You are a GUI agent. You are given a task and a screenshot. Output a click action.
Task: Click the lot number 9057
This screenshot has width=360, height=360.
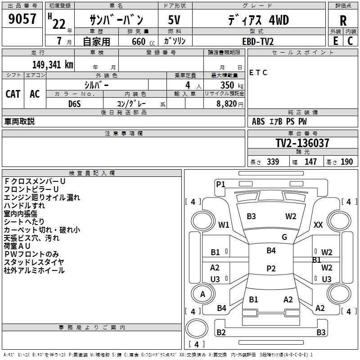coord(22,19)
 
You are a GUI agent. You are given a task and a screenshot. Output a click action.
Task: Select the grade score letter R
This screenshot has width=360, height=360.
coord(343,20)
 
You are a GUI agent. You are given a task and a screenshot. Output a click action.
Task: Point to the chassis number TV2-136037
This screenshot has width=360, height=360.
coord(302,144)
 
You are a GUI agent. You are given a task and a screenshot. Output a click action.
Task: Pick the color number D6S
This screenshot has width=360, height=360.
coord(75,103)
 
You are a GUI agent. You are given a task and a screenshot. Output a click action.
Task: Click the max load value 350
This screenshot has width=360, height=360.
coord(227,85)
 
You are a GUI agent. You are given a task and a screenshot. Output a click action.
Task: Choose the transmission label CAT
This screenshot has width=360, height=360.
coord(13,94)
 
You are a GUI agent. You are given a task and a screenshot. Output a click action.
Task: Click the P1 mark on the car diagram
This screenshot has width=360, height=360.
coord(220,184)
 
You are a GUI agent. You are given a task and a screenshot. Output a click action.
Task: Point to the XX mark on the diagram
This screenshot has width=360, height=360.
coord(318,225)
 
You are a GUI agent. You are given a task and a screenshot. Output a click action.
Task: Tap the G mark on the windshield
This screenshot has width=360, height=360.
coord(284,237)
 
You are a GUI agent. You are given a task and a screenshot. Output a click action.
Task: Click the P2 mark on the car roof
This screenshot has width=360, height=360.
coord(271,269)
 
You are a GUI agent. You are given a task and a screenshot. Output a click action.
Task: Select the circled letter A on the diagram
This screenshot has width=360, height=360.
coord(202,294)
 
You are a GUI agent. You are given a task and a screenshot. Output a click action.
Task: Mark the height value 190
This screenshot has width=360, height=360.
coord(346,162)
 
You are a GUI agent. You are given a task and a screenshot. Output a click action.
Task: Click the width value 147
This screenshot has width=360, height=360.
coord(310,162)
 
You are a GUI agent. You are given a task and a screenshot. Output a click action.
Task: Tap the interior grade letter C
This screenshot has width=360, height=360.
coord(350,41)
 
